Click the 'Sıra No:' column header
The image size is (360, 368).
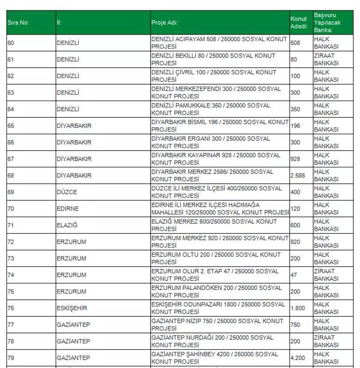pyautogui.click(x=19, y=22)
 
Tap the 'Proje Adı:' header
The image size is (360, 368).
pyautogui.click(x=165, y=22)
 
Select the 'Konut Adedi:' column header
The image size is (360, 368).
pyautogui.click(x=299, y=22)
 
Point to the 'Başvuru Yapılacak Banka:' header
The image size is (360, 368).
pyautogui.click(x=327, y=22)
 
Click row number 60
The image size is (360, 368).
pyautogui.click(x=11, y=43)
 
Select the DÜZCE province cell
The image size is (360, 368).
pyautogui.click(x=67, y=192)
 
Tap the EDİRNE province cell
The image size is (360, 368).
pyautogui.click(x=68, y=209)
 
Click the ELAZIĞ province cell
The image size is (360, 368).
pyautogui.click(x=67, y=225)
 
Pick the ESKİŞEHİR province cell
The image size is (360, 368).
pyautogui.click(x=72, y=308)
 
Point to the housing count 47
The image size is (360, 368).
pyautogui.click(x=294, y=275)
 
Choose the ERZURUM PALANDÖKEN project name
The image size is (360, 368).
pyautogui.click(x=216, y=291)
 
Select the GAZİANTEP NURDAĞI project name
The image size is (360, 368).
pyautogui.click(x=212, y=341)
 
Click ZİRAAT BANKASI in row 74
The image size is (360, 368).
pyautogui.click(x=326, y=275)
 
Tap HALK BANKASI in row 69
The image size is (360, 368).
pyautogui.click(x=326, y=192)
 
